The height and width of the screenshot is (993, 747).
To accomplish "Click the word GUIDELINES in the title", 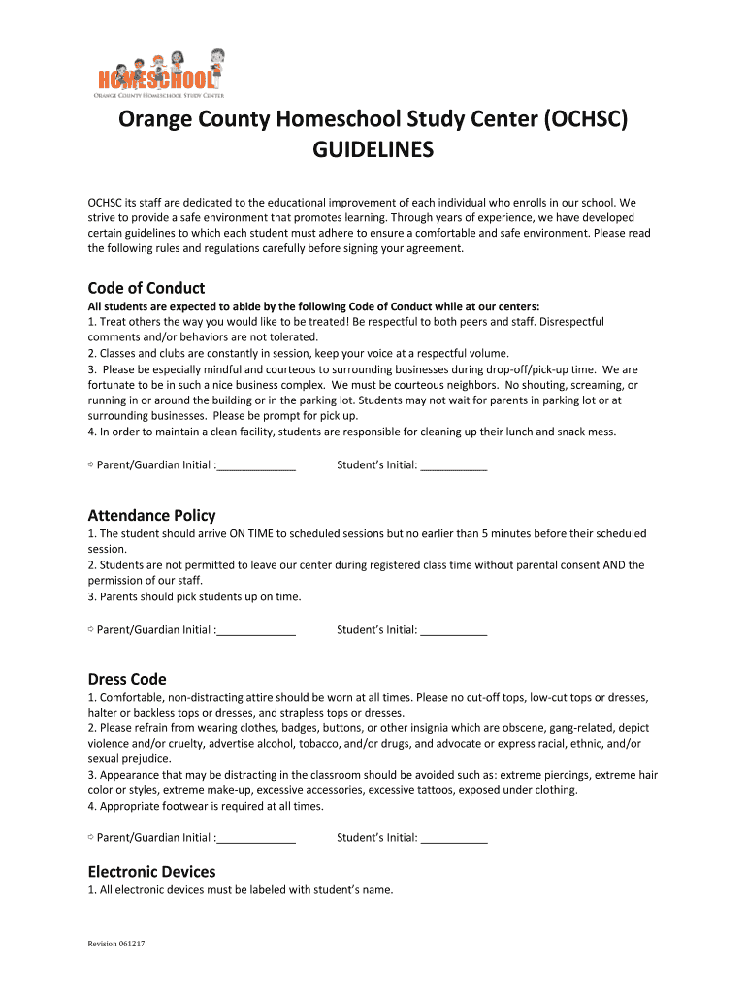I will [373, 151].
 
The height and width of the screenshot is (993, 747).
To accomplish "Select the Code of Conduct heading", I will [146, 288].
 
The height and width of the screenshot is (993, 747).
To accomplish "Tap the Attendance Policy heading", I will [151, 515].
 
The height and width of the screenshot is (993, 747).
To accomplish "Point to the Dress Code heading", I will [127, 679].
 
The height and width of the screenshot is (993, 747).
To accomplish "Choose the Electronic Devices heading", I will [151, 871].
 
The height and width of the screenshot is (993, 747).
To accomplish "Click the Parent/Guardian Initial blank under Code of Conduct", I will [256, 466].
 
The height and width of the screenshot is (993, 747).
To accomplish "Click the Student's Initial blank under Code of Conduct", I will [454, 466].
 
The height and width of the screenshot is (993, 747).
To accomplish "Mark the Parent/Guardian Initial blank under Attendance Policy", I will [256, 631].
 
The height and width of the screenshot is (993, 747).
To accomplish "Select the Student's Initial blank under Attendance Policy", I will [454, 631].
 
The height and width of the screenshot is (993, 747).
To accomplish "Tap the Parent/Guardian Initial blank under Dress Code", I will [256, 838].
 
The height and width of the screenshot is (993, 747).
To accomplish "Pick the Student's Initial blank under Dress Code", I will [454, 838].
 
